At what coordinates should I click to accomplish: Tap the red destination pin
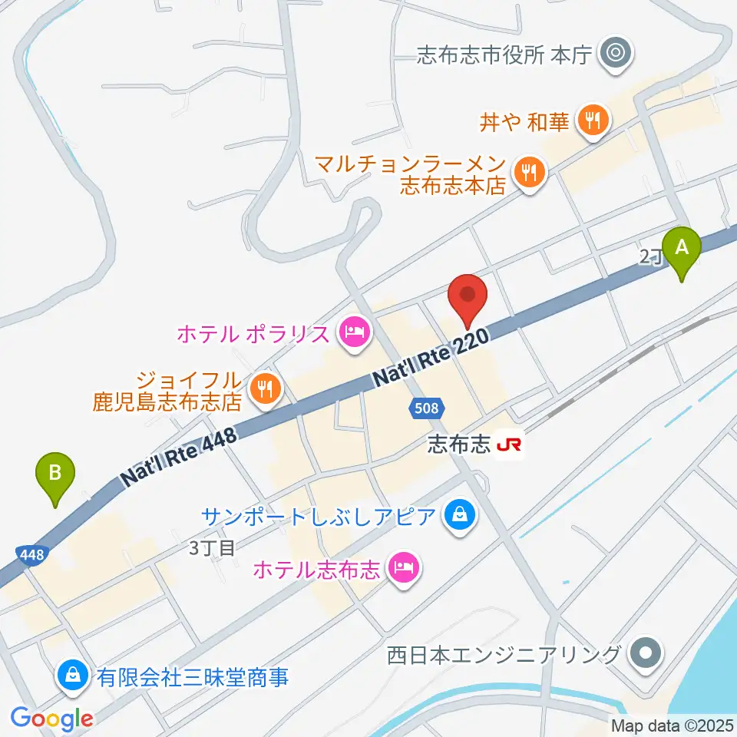tap(469, 297)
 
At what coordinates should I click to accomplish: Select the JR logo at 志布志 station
tap(508, 445)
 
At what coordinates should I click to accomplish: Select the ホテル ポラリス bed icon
tap(354, 333)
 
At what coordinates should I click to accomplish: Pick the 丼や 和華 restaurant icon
tap(592, 121)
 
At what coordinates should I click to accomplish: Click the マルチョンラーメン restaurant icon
tap(528, 173)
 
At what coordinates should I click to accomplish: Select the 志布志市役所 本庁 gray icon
tap(615, 54)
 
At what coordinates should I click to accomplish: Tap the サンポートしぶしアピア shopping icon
tap(458, 514)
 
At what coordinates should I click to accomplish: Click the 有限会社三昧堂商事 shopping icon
tap(71, 676)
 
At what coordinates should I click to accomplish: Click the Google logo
tap(52, 719)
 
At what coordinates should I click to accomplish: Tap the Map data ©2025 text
tap(671, 725)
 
